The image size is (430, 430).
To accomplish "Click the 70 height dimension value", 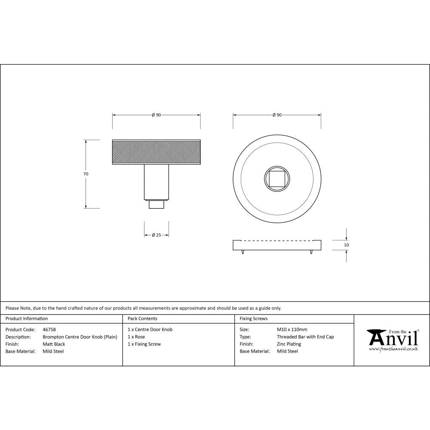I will (86, 174).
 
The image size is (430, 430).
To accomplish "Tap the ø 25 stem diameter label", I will (157, 235).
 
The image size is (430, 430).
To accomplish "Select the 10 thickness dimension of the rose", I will (347, 245).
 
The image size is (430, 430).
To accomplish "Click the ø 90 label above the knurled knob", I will (156, 115).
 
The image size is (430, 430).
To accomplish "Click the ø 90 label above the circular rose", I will (277, 115).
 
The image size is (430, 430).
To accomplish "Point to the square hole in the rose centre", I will (277, 178).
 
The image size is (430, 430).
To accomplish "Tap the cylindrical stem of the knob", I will (156, 183).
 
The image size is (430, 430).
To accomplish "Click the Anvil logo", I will (393, 338).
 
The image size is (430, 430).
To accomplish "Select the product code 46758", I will (49, 329).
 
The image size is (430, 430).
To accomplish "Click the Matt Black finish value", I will (54, 344).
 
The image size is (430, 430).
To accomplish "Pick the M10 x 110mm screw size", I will (292, 329).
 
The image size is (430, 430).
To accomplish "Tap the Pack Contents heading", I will (142, 319).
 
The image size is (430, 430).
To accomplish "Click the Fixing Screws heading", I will (253, 319).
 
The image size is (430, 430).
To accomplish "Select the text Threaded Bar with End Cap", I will (305, 337).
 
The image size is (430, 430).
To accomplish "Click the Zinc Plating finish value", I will (289, 344).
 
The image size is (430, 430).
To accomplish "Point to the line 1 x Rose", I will (136, 337).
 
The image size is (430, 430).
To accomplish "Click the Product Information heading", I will (27, 319).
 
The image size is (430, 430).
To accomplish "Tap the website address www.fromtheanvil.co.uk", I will (393, 349).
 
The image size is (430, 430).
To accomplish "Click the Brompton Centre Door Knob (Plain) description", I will (80, 337).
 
